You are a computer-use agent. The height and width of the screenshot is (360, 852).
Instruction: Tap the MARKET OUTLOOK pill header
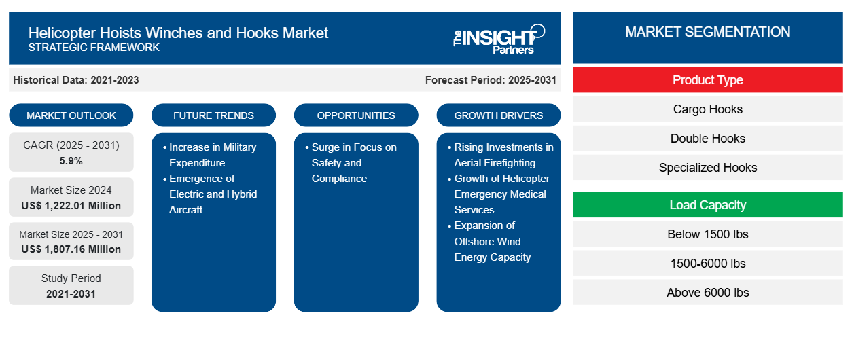tap(71, 115)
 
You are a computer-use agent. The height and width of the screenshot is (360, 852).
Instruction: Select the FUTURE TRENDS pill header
tap(213, 115)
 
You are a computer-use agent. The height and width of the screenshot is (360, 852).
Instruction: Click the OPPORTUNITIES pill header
tap(356, 115)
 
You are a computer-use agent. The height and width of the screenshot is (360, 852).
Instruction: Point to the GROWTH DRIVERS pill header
tap(499, 115)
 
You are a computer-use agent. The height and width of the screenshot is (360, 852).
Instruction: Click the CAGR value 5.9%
tap(71, 161)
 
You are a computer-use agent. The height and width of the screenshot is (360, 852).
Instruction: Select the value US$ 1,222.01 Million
tap(71, 206)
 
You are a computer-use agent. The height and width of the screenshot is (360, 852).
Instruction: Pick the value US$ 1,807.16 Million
tap(71, 249)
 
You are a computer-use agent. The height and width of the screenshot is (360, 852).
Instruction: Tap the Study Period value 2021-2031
tap(71, 294)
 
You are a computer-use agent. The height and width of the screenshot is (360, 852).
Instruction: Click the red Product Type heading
tap(707, 80)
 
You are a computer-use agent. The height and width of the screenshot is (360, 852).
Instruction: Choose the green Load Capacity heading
tap(707, 205)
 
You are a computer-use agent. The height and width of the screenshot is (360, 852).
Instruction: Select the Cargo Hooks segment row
tap(707, 109)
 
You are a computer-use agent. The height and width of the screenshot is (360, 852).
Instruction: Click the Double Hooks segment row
tap(707, 139)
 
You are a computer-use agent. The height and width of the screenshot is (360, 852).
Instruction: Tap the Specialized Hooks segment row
tap(707, 168)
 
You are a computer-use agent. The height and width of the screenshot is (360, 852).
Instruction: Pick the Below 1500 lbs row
tap(707, 234)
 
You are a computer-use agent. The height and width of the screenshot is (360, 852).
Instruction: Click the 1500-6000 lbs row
tap(707, 264)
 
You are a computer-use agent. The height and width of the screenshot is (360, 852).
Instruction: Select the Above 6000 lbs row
tap(707, 293)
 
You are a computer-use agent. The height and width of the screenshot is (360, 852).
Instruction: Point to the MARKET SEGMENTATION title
tap(707, 32)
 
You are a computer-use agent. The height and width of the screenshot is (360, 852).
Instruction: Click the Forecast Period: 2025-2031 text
tap(491, 80)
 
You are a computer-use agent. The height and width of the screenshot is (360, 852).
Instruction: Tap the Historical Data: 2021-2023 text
tap(76, 80)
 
